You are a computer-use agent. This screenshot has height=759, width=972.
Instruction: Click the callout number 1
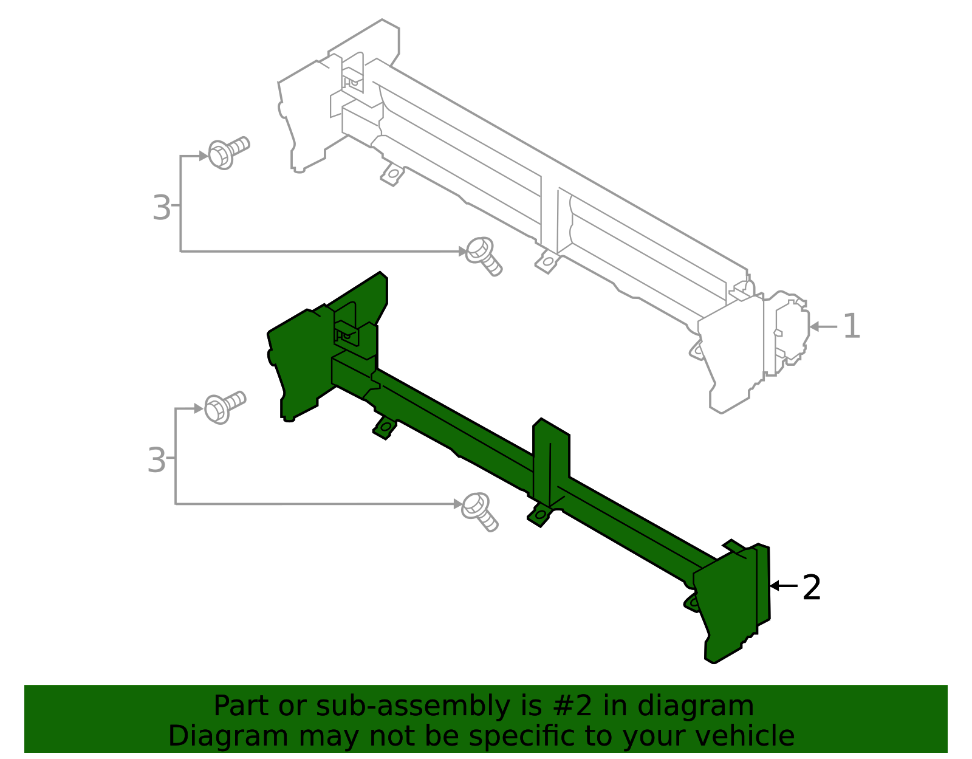coord(852,326)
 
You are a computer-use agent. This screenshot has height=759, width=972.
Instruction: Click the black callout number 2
coord(812,588)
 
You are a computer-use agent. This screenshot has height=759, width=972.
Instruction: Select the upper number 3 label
coord(161,208)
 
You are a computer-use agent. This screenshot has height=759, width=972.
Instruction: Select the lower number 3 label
coord(156,460)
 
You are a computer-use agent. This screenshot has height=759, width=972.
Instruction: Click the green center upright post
coord(551,462)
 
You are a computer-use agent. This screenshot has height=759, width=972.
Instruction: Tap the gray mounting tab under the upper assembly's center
coord(547,262)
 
